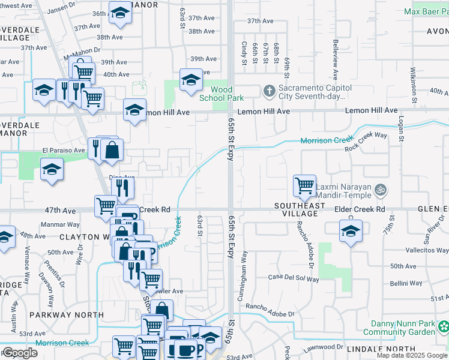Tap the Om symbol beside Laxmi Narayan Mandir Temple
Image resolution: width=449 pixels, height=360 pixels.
point(379,190)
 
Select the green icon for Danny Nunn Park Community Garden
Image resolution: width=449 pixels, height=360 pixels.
point(443,327)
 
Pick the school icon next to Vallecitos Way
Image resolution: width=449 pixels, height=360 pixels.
point(351,232)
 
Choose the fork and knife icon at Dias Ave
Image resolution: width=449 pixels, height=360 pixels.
point(122,188)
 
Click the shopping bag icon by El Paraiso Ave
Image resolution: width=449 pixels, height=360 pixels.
point(112,150)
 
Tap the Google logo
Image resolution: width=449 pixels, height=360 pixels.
point(20,353)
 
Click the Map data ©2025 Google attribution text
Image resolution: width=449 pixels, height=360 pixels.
point(412,355)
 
